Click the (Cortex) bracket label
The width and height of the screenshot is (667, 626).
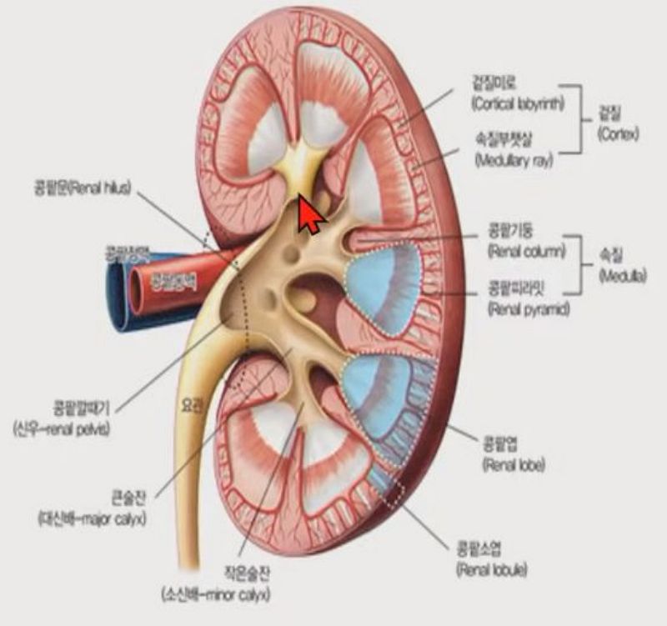[619, 133]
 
